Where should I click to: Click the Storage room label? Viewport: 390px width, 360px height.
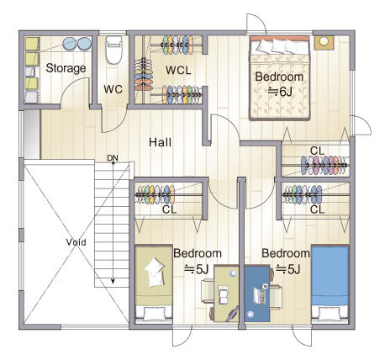tap(66, 68)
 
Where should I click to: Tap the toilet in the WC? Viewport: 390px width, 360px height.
tap(114, 50)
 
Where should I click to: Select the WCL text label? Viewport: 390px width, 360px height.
tap(178, 70)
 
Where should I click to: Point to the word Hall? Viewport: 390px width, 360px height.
tap(160, 142)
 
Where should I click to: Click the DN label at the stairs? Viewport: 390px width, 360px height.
tap(113, 158)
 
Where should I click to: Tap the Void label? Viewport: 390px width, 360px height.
tap(76, 242)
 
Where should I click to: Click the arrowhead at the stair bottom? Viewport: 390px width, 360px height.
tap(113, 281)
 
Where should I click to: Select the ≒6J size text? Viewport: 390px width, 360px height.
tap(280, 92)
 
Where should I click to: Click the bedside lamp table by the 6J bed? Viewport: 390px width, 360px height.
tap(324, 42)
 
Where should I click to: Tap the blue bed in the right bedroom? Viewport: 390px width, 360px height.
tap(330, 283)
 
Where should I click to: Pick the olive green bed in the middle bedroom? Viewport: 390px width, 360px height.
tap(154, 284)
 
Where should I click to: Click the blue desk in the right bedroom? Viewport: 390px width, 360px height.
tap(257, 294)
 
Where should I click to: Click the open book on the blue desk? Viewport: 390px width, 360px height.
tap(259, 295)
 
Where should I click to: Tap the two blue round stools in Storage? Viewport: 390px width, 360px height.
tap(77, 44)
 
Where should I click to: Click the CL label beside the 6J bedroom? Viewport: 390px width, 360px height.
tap(317, 151)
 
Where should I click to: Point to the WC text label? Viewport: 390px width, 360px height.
tap(113, 89)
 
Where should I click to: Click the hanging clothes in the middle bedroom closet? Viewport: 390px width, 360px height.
tap(155, 194)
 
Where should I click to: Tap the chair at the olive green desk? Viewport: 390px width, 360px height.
tap(208, 291)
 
